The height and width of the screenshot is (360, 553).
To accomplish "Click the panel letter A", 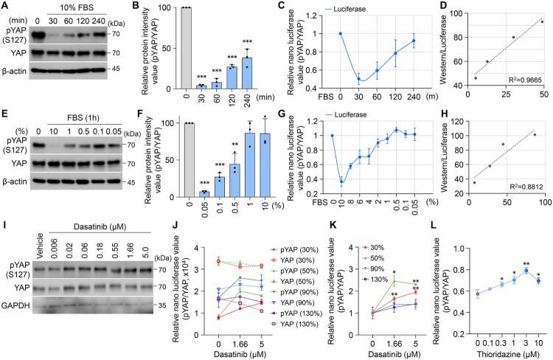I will (5, 7).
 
